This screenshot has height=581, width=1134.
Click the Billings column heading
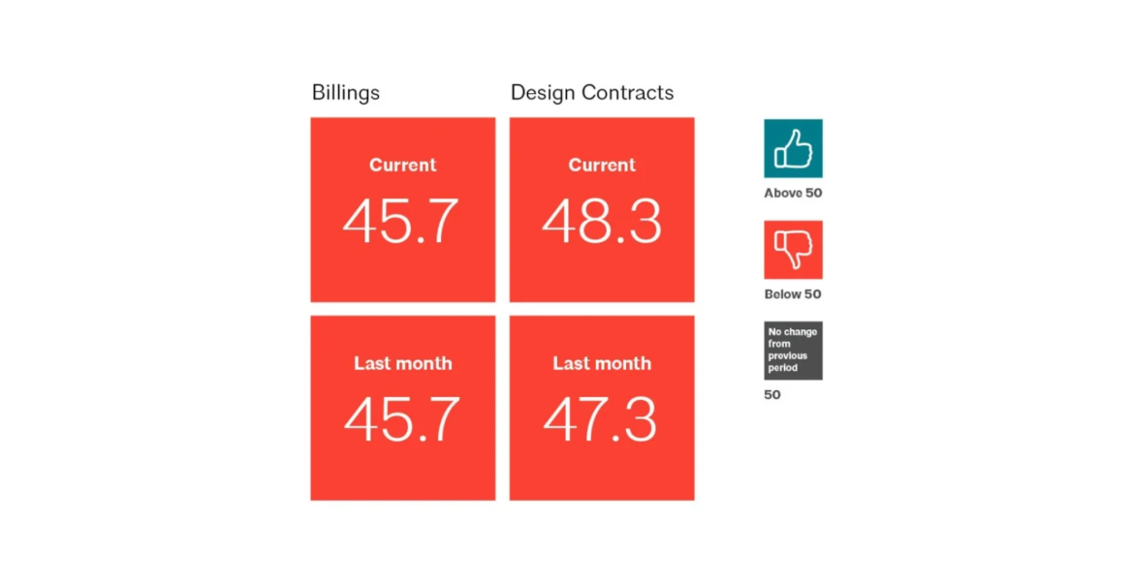click(x=345, y=93)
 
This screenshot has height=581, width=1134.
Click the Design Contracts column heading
click(x=591, y=93)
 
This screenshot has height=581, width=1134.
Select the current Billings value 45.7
click(x=401, y=222)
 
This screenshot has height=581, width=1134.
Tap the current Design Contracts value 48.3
click(x=601, y=222)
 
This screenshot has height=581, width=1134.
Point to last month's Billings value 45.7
click(x=401, y=420)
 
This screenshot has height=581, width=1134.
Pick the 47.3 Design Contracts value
click(x=601, y=420)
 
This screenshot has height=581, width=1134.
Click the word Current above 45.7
click(x=402, y=166)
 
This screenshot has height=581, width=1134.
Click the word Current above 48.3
click(x=602, y=166)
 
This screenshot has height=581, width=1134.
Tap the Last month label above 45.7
click(x=402, y=364)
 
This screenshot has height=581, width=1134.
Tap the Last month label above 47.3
click(x=602, y=364)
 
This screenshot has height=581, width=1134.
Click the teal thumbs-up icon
click(x=793, y=148)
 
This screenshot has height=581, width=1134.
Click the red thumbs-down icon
click(x=793, y=250)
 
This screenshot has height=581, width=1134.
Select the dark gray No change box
click(x=793, y=350)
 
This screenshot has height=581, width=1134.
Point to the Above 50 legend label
click(x=793, y=194)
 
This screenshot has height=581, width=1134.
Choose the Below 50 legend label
click(x=793, y=294)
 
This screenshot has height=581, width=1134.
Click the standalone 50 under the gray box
click(x=772, y=395)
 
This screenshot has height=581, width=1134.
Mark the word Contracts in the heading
click(x=630, y=93)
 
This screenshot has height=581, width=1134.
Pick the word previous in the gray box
click(x=788, y=356)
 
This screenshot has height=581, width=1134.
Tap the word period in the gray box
click(x=783, y=368)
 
